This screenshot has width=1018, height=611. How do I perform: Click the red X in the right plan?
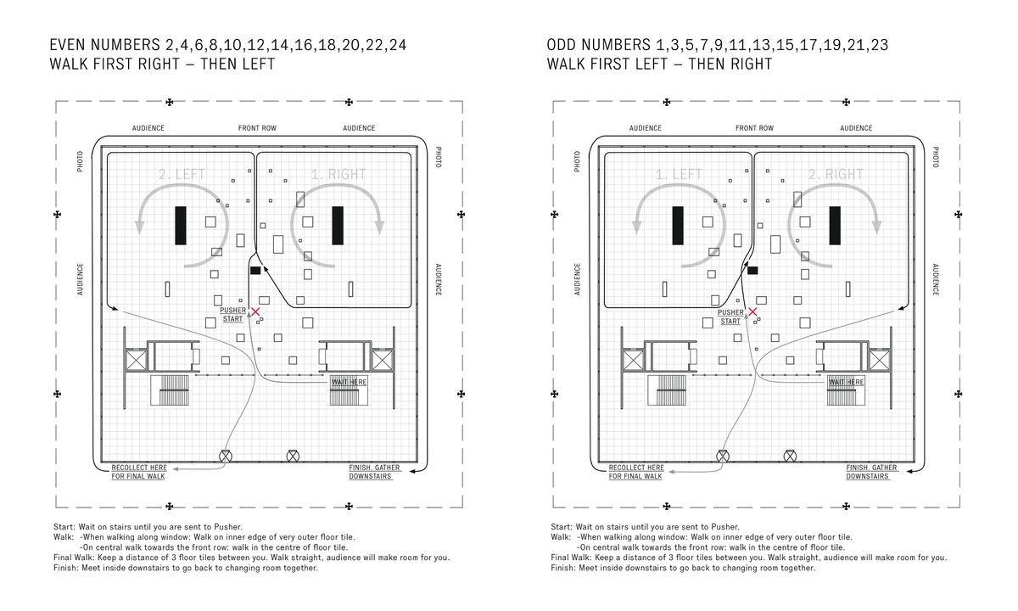(752, 312)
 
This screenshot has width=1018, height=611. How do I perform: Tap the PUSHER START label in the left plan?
(232, 315)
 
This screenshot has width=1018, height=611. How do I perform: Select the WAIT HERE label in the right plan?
(845, 383)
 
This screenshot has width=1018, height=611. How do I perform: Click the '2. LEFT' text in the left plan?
(182, 175)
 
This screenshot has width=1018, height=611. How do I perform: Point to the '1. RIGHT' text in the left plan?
(338, 175)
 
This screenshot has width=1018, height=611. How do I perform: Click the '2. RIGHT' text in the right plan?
(835, 175)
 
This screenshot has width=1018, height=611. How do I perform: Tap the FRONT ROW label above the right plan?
(754, 128)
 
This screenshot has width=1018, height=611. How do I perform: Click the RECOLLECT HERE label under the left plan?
(137, 472)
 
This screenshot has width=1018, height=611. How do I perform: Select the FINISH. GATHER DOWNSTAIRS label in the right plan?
(871, 472)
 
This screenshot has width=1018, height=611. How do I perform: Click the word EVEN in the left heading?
(72, 45)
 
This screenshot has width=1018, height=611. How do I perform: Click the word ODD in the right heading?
(563, 45)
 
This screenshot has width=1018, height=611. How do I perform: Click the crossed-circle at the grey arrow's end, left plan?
(226, 456)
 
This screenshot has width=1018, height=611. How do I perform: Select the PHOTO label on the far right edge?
(936, 157)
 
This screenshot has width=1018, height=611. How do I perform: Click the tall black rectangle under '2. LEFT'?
(181, 226)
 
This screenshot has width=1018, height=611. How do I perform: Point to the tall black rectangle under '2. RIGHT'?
(835, 226)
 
